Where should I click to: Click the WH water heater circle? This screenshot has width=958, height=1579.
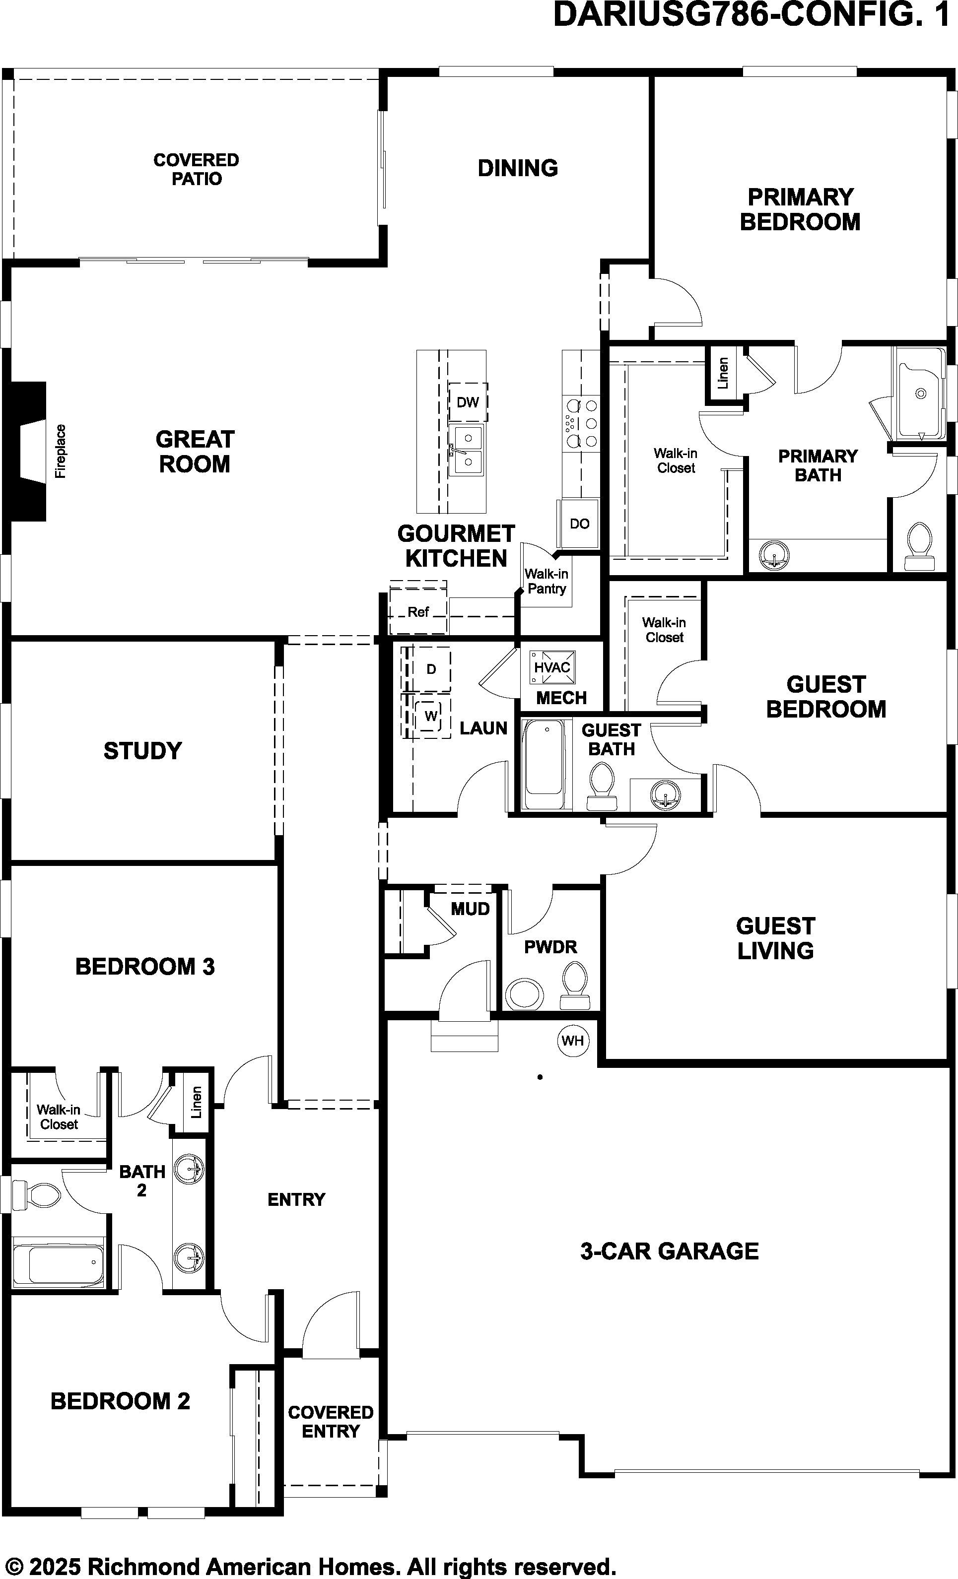point(572,1040)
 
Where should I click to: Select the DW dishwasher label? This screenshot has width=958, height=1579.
point(468,402)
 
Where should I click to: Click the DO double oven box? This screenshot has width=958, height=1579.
point(579,524)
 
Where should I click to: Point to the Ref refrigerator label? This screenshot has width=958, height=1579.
point(418,612)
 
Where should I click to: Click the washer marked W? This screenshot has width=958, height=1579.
point(431,716)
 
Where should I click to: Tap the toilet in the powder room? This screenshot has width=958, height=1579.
point(574,987)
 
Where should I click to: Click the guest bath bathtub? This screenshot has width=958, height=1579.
point(544,764)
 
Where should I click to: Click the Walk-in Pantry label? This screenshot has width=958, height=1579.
point(546,581)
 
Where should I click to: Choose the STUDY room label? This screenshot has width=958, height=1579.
point(143,750)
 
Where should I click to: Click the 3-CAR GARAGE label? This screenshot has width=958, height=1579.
point(670,1251)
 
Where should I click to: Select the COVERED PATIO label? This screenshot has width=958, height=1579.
point(196,169)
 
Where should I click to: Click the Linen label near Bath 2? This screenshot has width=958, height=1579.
point(196,1102)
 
